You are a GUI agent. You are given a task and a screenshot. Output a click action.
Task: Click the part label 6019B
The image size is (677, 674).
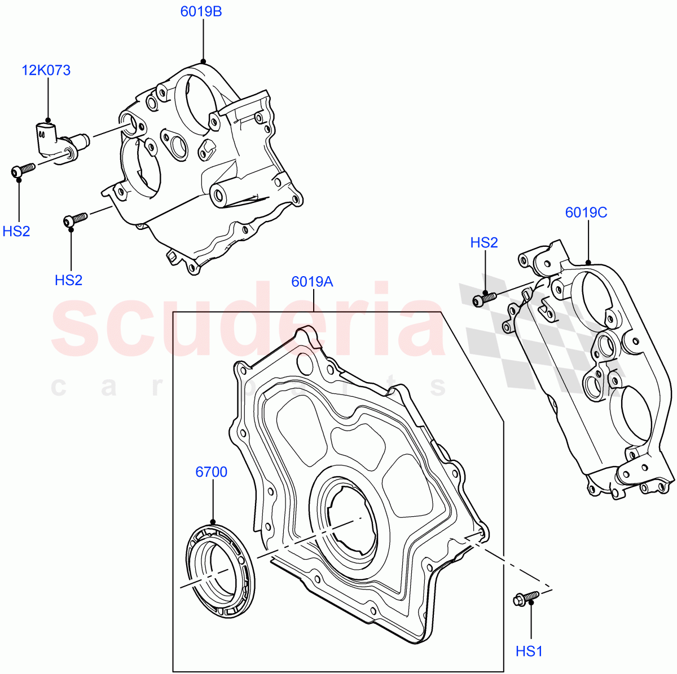coord(201,12)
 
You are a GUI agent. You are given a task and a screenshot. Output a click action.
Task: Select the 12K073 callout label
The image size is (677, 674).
coord(46,70)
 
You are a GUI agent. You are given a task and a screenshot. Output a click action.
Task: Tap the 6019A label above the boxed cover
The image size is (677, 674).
coord(312,281)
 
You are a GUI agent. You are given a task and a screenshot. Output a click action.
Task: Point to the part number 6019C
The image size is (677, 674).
coord(586,212)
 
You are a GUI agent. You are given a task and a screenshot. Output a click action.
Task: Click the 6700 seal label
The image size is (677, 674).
coord(212,472)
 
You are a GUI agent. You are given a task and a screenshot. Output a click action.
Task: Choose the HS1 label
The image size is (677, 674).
coord(529,651)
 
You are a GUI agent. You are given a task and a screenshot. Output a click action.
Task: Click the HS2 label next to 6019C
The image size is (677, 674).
coord(484,243)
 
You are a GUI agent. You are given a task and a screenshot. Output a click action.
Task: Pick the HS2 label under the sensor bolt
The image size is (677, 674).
coord(16,231)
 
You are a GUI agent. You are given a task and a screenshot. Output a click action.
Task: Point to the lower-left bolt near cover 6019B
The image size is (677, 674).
coord(74,219)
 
